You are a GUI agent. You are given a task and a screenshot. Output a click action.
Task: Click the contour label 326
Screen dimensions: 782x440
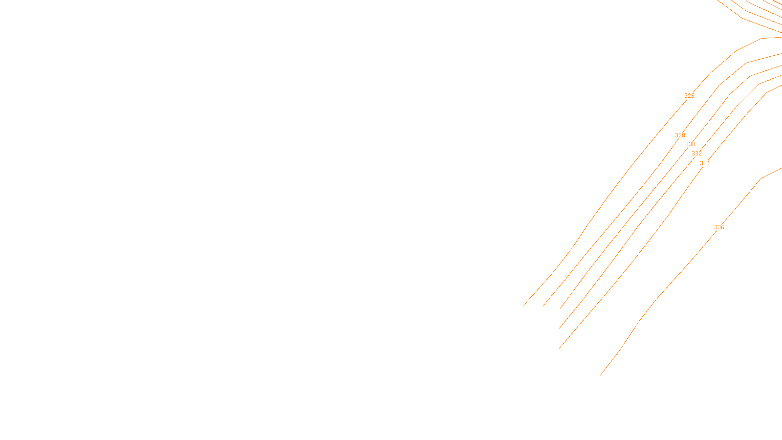pos(689,96)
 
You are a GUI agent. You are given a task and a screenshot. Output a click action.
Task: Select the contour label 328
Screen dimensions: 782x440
pos(680,135)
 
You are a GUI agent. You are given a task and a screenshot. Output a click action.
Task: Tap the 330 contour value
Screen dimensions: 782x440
pos(690,144)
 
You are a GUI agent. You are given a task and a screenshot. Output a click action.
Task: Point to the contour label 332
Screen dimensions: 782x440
pos(696,154)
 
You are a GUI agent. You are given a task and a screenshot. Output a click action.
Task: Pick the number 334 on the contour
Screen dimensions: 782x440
pos(705,163)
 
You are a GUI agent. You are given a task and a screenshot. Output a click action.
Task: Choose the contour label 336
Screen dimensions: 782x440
pos(719,227)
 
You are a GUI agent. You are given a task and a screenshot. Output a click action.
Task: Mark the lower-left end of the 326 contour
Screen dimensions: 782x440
pos(524,306)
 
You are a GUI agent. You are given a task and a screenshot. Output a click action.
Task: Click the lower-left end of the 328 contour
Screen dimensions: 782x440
pos(543,307)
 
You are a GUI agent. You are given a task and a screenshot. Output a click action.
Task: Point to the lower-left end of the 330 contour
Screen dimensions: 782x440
pos(560,308)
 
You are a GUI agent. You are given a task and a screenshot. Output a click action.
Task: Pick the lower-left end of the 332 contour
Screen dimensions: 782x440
pos(560,328)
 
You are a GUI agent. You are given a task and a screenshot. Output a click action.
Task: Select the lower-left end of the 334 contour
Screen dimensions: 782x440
pos(559,349)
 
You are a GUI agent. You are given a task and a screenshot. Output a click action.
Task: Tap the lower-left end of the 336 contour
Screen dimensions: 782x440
pos(600,375)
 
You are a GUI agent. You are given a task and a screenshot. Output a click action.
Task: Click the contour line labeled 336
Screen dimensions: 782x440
pos(674,279)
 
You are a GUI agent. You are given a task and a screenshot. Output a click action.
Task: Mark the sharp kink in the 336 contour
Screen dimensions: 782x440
pos(760,179)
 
